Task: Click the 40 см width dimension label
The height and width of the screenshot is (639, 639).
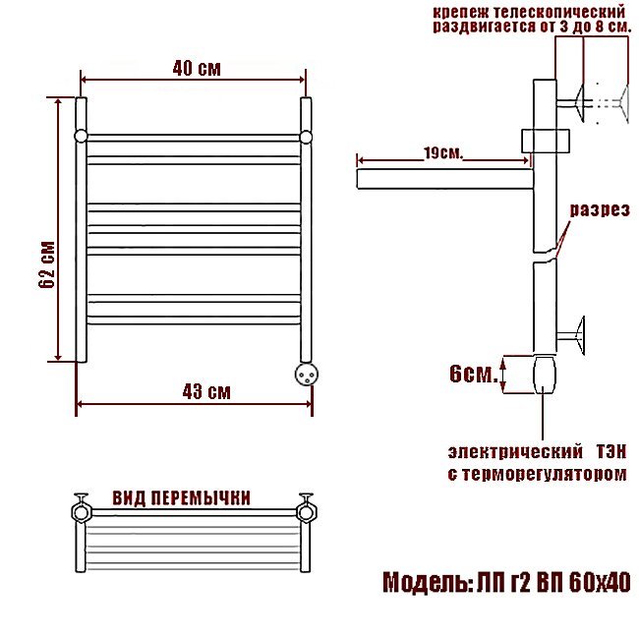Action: tap(197, 69)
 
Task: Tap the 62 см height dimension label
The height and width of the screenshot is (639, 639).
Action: tap(47, 264)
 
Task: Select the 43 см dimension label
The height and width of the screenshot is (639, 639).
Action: tap(206, 391)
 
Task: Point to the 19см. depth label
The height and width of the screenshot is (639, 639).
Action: tap(443, 153)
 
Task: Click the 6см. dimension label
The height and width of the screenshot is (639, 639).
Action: tap(474, 374)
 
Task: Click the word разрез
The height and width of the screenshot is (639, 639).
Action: tap(600, 209)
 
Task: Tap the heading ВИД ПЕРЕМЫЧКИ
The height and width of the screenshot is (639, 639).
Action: tap(181, 498)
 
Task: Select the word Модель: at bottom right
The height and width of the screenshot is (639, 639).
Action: tap(426, 582)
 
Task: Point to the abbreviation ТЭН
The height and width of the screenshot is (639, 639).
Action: tap(611, 452)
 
